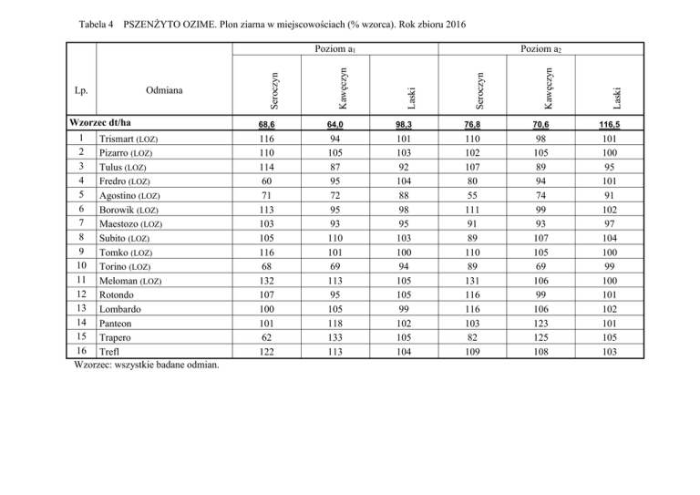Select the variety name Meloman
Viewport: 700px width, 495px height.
[117, 281]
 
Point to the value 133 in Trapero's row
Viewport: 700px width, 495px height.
[336, 337]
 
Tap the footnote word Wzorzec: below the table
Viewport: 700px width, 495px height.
[94, 366]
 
